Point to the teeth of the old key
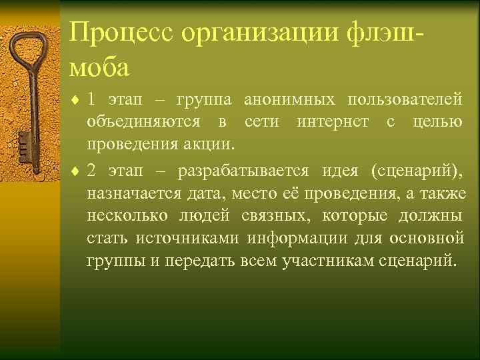(23, 143)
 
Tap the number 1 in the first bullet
(91, 100)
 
